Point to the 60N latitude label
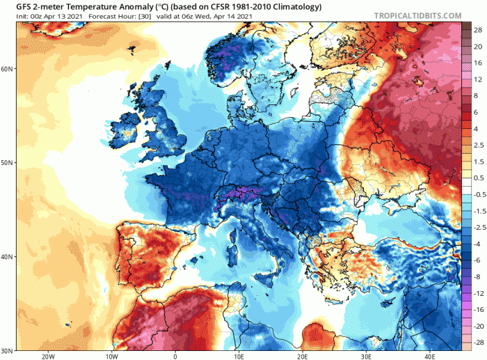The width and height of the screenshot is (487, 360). pyautogui.click(x=8, y=69)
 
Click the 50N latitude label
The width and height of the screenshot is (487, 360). pyautogui.click(x=8, y=163)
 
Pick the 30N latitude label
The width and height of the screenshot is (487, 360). pyautogui.click(x=8, y=350)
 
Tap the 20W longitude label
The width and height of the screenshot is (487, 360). pyautogui.click(x=47, y=356)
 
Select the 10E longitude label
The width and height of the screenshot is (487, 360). pyautogui.click(x=239, y=356)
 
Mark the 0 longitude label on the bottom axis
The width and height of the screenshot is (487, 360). pyautogui.click(x=175, y=356)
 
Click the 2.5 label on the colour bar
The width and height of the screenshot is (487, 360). pyautogui.click(x=479, y=145)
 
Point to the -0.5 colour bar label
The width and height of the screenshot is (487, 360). pyautogui.click(x=479, y=194)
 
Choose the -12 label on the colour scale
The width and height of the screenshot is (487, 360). pyautogui.click(x=479, y=292)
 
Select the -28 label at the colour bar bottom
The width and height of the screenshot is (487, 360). pyautogui.click(x=479, y=341)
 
